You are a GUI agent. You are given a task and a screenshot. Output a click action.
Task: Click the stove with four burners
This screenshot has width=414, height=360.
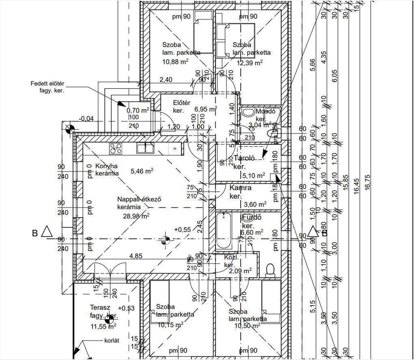pyautogui.click(x=116, y=148)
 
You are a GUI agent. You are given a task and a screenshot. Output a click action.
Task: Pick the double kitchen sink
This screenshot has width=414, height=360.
pyautogui.click(x=145, y=148)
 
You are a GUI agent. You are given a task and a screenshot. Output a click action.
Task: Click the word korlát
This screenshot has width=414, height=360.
pyautogui.click(x=112, y=340)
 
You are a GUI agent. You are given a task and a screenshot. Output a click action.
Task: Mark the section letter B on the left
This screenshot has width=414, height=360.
pyautogui.click(x=35, y=233)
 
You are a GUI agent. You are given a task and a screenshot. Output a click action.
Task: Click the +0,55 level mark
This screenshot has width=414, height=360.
pyautogui.click(x=182, y=229)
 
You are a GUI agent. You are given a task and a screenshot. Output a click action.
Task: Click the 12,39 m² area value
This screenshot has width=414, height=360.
pyautogui.click(x=249, y=62)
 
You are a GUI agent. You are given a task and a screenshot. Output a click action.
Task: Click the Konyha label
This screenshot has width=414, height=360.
pyautogui.click(x=104, y=166)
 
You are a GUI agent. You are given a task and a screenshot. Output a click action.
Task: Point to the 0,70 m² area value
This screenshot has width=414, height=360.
pyautogui.click(x=137, y=111)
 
